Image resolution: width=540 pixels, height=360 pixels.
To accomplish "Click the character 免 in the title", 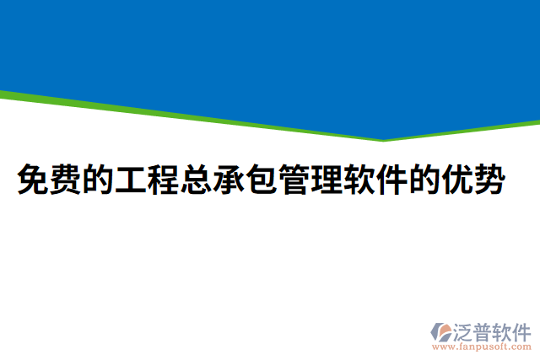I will pyautogui.click(x=33, y=180).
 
